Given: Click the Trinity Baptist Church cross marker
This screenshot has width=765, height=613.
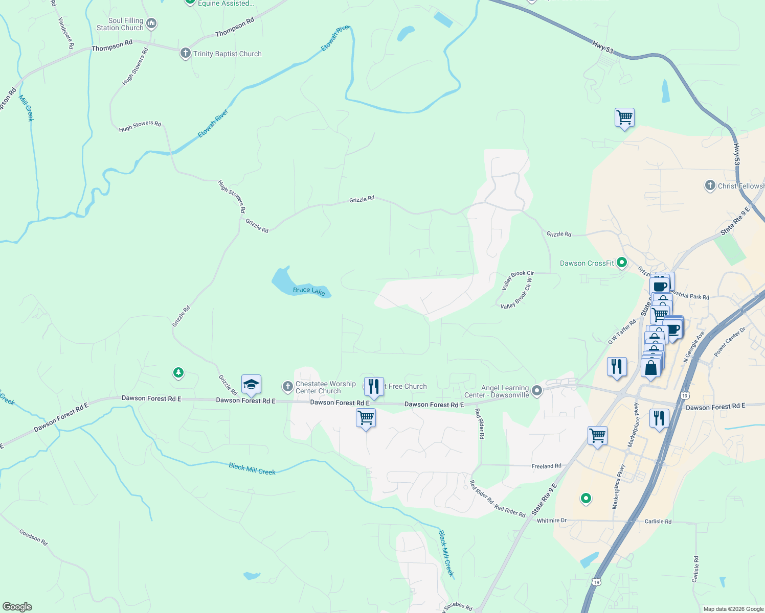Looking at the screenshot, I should (x=186, y=53).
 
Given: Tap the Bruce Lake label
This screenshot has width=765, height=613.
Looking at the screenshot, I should (x=309, y=291).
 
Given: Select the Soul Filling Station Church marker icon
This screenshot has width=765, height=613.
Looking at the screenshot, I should (x=151, y=23).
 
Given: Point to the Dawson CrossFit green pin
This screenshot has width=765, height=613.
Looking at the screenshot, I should (x=622, y=263).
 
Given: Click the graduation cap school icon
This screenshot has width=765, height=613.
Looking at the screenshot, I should (x=251, y=385).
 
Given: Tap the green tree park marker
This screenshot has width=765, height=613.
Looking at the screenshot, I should (x=178, y=373).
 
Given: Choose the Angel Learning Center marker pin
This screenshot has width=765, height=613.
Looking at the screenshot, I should (x=536, y=391).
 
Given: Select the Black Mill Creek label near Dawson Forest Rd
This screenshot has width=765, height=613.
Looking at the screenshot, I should (x=252, y=468).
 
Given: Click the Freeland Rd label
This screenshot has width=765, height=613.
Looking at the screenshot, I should (x=546, y=466).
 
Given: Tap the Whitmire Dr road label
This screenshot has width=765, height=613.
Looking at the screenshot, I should (x=551, y=521).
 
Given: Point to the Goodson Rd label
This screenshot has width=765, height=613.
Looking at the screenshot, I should (x=34, y=537).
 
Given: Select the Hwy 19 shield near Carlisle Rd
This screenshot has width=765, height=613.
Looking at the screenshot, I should (x=597, y=582).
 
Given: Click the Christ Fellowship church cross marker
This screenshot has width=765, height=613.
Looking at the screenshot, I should (x=710, y=185).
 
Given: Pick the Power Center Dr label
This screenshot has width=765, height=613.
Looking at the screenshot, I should (x=730, y=342).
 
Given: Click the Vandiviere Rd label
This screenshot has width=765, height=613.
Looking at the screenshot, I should (x=66, y=33).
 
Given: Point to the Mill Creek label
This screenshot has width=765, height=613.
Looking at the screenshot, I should (x=27, y=108).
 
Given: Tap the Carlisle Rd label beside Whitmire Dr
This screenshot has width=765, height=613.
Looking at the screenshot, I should (x=658, y=522).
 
